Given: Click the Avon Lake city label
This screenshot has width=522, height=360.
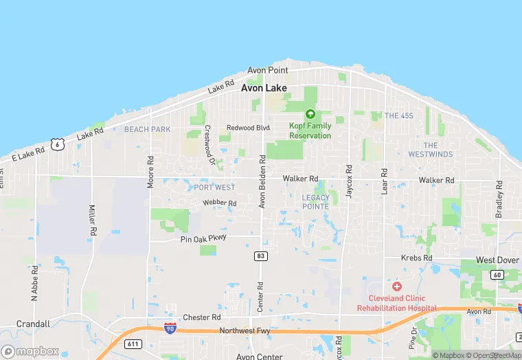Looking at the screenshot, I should [268, 88].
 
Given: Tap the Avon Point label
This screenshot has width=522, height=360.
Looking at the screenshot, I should [268, 71].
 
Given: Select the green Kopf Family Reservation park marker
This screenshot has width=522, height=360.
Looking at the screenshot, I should [310, 114].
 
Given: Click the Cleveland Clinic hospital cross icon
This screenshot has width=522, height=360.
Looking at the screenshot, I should [396, 285].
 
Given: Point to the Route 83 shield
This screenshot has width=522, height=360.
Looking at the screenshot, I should [261, 256].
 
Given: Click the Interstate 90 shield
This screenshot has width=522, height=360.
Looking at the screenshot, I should [170, 329].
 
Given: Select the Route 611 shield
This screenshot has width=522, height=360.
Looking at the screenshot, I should [133, 343].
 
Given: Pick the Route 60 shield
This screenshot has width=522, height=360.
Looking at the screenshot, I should [497, 275].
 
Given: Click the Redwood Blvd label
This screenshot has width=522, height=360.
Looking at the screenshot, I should [248, 128].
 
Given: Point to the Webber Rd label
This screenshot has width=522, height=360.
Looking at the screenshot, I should [219, 203].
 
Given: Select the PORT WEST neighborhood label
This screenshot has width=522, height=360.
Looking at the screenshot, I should [214, 188].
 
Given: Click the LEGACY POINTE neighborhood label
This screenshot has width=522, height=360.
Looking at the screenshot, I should [316, 202].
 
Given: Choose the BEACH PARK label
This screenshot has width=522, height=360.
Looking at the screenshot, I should [147, 129].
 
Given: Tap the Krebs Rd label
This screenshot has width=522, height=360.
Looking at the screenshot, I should [417, 258].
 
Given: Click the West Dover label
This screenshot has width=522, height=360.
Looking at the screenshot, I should [498, 260].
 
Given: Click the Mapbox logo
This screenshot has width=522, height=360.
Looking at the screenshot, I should [30, 351].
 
